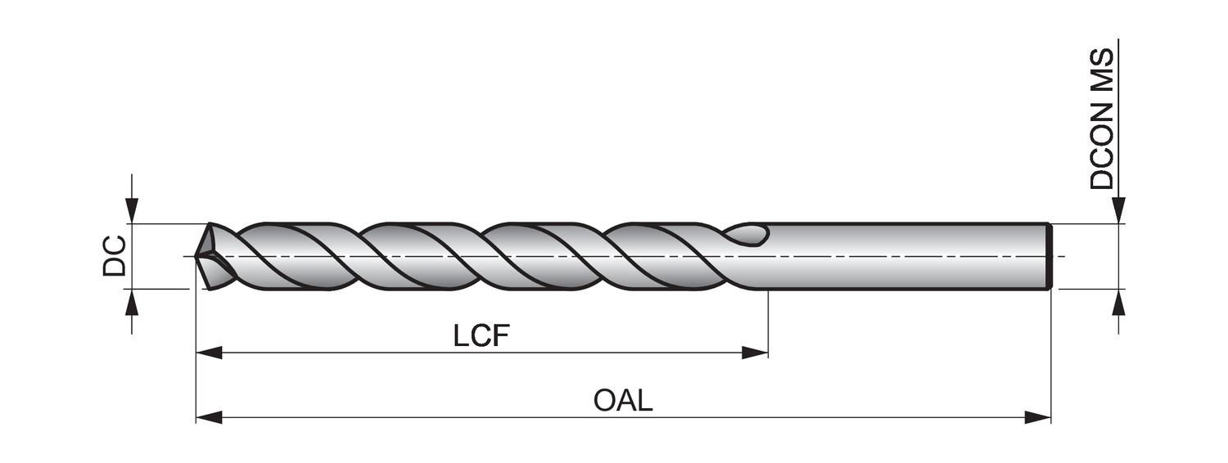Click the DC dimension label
115,255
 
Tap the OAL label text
623,401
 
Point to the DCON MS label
1102,119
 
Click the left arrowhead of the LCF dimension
210,353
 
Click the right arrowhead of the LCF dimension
755,353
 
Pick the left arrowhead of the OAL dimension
210,417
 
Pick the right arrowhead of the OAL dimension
1037,417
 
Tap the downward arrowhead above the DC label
132,210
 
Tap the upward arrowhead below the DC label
132,302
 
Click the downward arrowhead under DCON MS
1119,210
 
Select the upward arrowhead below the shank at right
1119,302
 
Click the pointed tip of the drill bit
197,256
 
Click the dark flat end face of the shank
1049,256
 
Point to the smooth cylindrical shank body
901,256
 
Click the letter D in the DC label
115,266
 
